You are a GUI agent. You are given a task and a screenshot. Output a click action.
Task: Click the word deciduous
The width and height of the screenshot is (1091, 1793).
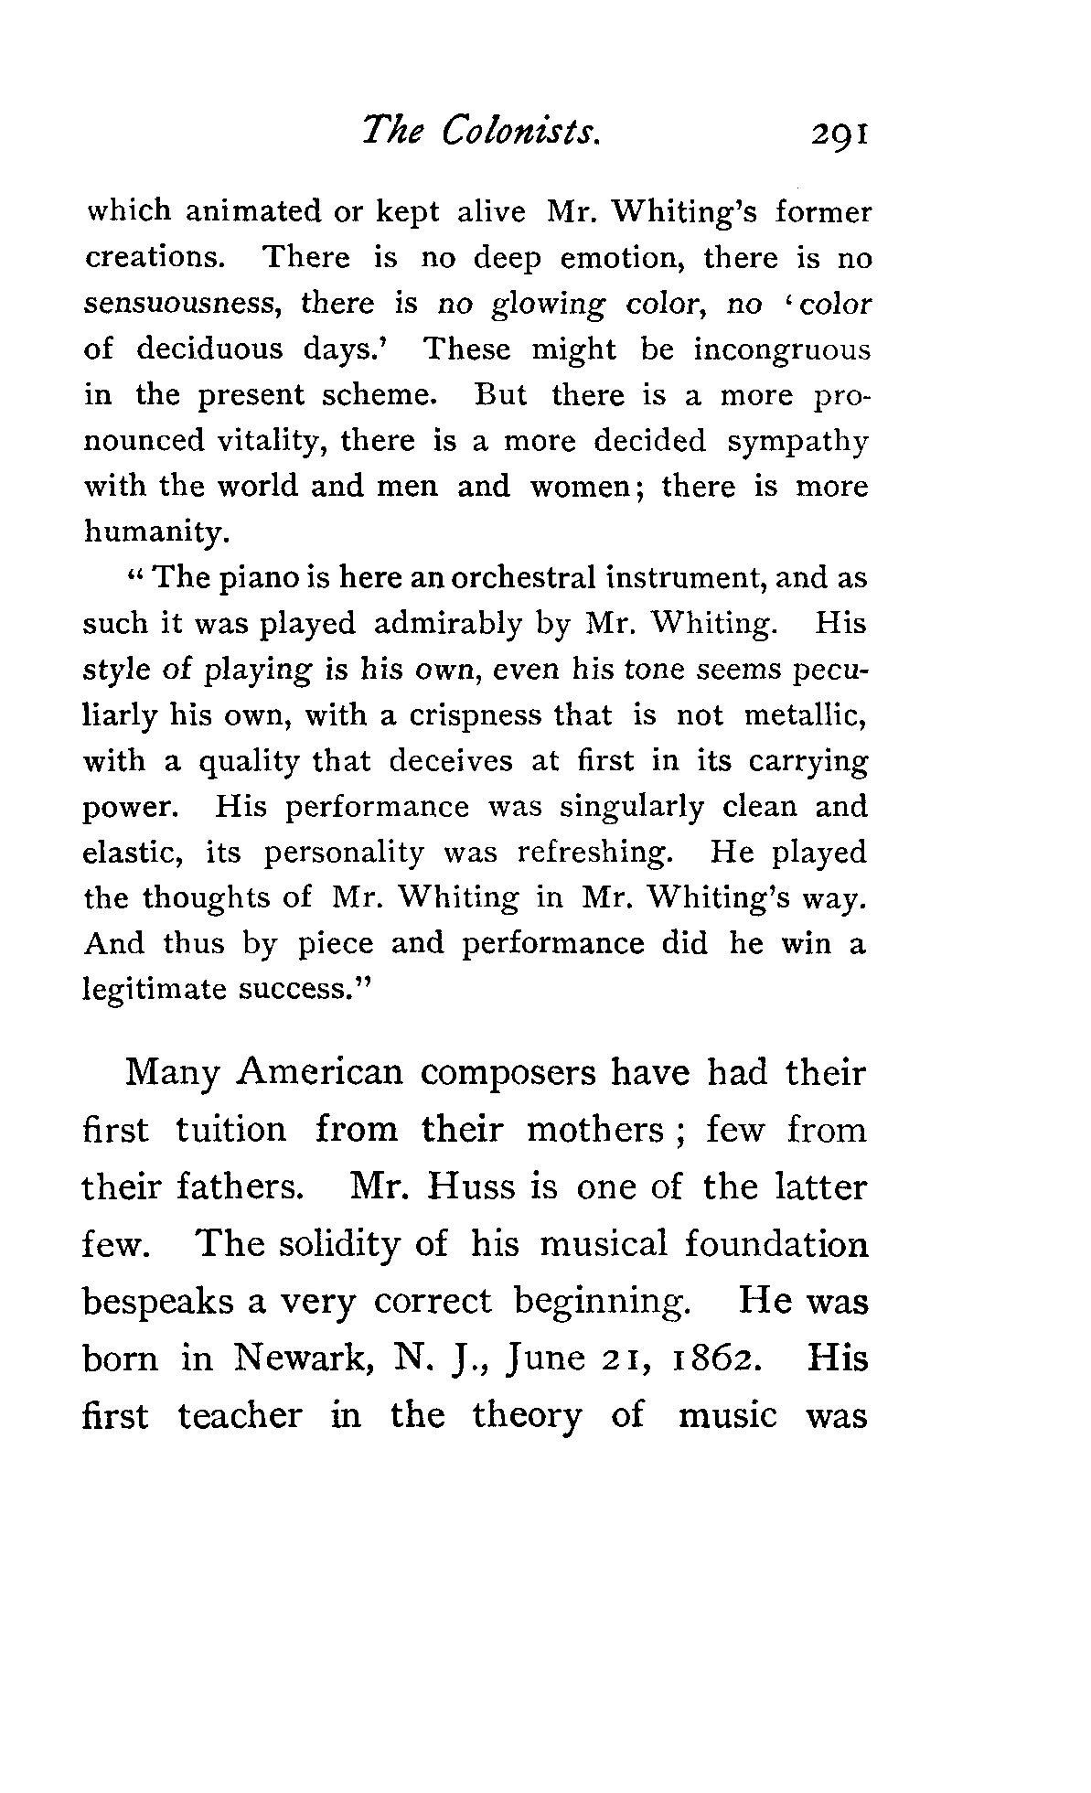click(x=209, y=349)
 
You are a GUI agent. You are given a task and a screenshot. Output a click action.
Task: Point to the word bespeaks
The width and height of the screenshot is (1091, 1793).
click(x=159, y=1303)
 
